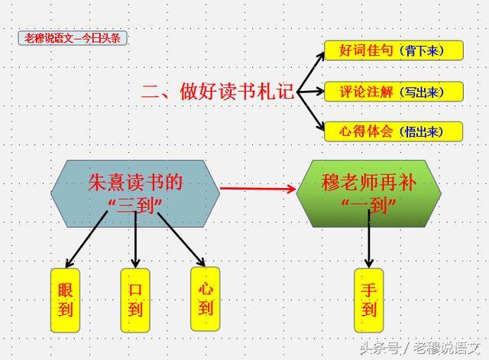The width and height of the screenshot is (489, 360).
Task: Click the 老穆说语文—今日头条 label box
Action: click(x=73, y=38)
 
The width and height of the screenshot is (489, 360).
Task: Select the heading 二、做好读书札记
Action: click(x=218, y=92)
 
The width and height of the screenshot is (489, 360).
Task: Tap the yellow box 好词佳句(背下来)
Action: click(x=394, y=50)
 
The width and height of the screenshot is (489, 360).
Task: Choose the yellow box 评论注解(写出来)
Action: click(x=394, y=92)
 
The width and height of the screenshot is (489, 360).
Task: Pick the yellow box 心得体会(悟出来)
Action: click(x=394, y=131)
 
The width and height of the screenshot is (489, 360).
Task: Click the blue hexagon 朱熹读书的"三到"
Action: click(x=134, y=193)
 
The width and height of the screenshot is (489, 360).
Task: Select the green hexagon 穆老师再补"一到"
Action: click(x=368, y=193)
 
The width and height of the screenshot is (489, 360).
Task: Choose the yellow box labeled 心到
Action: click(x=205, y=299)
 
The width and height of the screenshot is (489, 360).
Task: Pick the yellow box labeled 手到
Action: click(x=369, y=300)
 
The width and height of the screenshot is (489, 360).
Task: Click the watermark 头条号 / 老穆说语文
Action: click(x=423, y=349)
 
